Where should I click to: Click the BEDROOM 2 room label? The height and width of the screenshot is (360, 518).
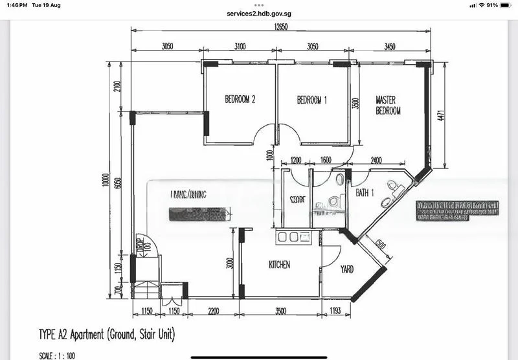(x=240, y=100)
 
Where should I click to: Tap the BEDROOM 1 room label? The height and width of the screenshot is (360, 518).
(x=312, y=100)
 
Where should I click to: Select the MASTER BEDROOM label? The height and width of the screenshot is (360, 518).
(x=388, y=106)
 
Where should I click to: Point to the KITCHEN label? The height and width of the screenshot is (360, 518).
(x=280, y=265)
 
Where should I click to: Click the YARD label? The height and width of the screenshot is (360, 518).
(x=347, y=269)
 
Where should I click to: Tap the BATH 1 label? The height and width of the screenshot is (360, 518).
(x=365, y=193)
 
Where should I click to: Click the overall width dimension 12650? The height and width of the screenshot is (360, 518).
(x=281, y=27)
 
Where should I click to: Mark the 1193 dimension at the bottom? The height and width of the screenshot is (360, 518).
(x=334, y=311)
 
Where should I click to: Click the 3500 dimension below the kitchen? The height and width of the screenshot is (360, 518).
(x=280, y=311)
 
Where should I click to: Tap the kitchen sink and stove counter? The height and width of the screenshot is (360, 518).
(x=293, y=238)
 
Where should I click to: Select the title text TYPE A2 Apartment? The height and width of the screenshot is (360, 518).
(x=107, y=335)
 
